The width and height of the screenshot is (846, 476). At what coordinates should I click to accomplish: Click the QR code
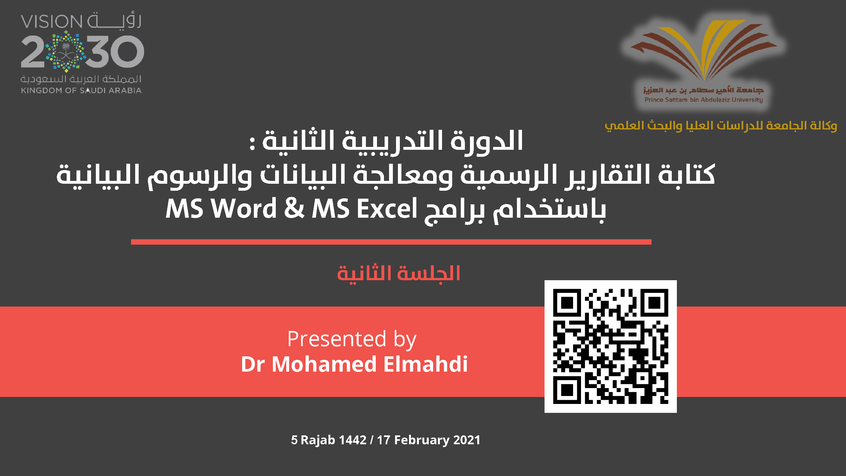coord(611,346)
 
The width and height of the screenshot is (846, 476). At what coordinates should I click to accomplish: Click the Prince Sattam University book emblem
coord(704,49)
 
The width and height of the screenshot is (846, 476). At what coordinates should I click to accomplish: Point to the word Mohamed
coord(324,364)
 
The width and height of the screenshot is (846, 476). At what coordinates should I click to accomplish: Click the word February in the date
coord(422,440)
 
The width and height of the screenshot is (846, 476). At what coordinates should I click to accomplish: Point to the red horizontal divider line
coord(391,242)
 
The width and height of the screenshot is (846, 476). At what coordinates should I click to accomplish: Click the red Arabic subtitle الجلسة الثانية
coord(399,273)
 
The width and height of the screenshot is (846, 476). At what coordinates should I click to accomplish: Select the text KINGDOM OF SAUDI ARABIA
coord(82,90)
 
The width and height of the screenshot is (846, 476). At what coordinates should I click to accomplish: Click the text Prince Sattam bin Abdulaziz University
coord(704,100)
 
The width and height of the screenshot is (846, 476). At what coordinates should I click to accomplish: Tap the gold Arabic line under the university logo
coord(721,125)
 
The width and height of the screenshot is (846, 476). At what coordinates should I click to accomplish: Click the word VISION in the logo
coord(51,22)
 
